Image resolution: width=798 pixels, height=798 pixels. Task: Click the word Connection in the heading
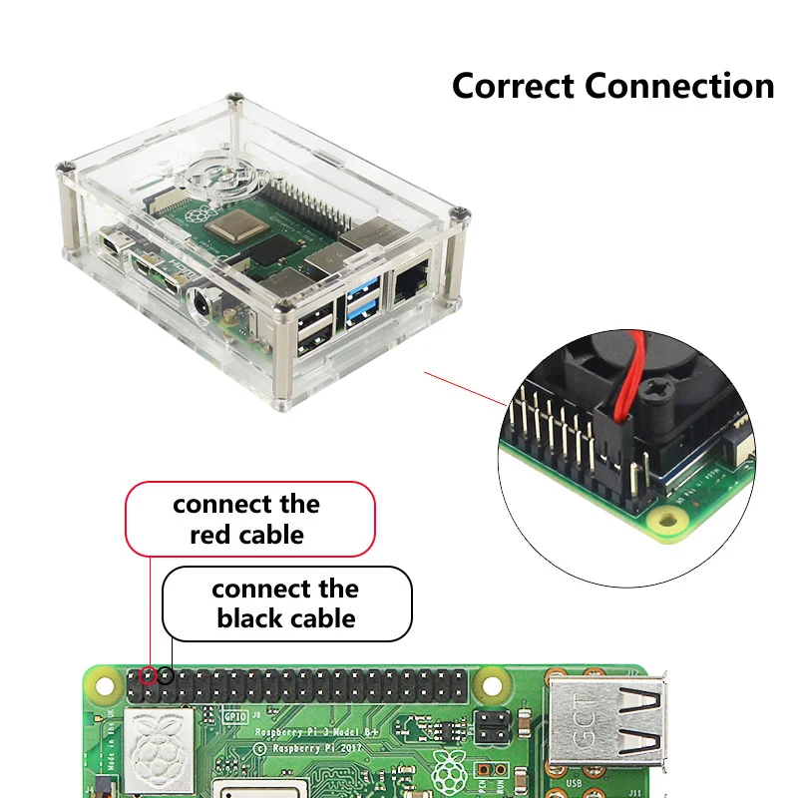pos(680,86)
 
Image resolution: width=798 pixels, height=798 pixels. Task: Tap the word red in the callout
pos(211,535)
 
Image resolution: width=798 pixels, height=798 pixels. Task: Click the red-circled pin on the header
pos(148,675)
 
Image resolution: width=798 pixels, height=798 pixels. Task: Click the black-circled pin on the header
pos(166,675)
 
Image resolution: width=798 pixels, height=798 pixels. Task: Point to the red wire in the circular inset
pos(623,379)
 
